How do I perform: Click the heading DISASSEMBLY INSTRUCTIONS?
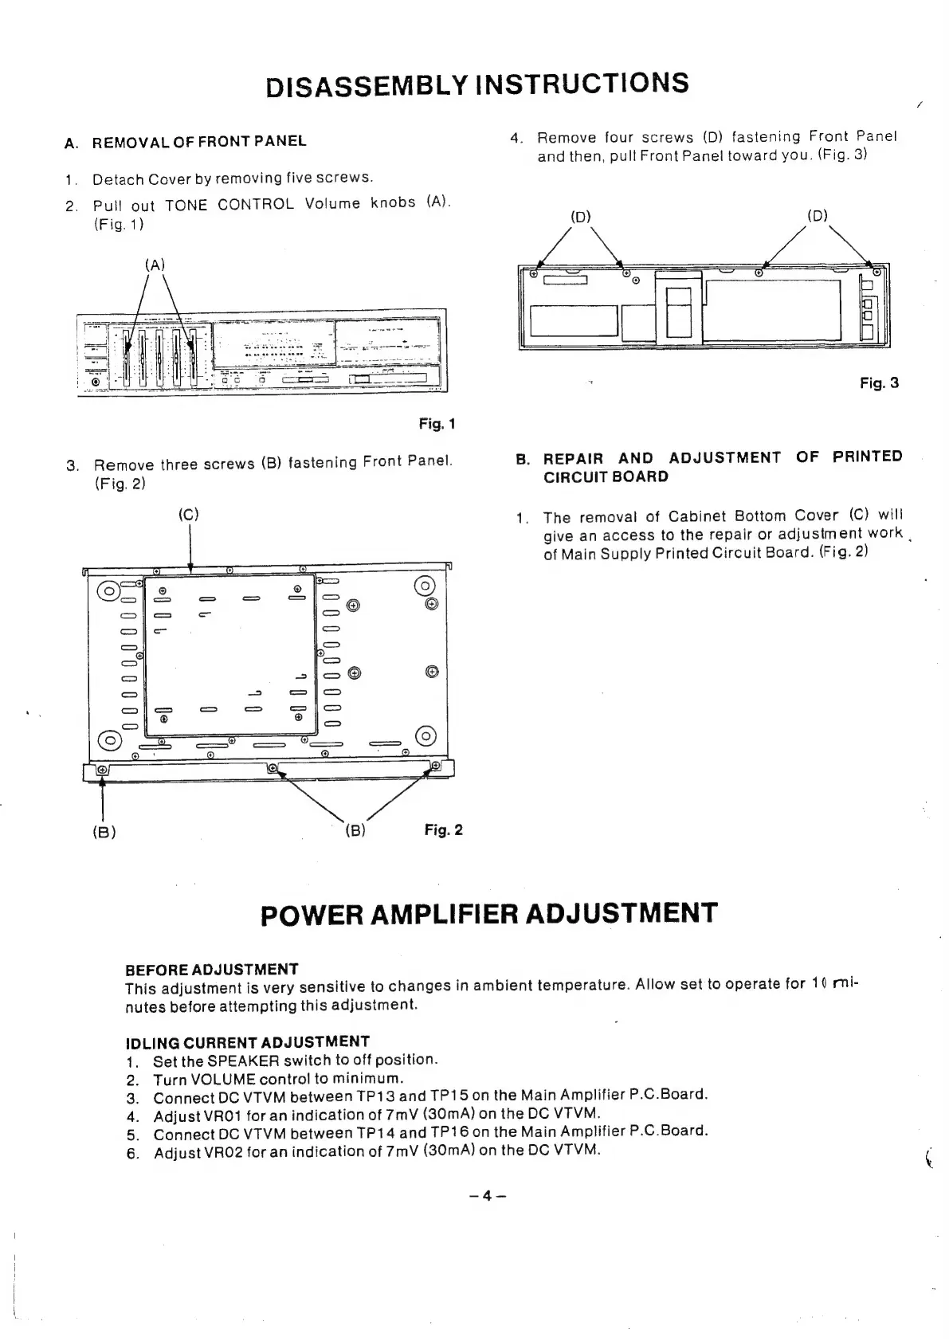pos(477,84)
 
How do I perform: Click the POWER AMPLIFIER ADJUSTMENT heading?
pos(488,913)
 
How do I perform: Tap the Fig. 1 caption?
pos(437,424)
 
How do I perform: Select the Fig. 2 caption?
pos(443,830)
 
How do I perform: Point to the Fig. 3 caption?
pos(879,383)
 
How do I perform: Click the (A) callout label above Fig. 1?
pos(155,265)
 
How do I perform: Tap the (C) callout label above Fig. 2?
pos(188,515)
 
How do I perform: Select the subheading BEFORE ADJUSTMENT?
pos(212,969)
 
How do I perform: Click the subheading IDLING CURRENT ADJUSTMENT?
pos(248,1042)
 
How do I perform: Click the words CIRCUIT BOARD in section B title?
pos(606,477)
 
